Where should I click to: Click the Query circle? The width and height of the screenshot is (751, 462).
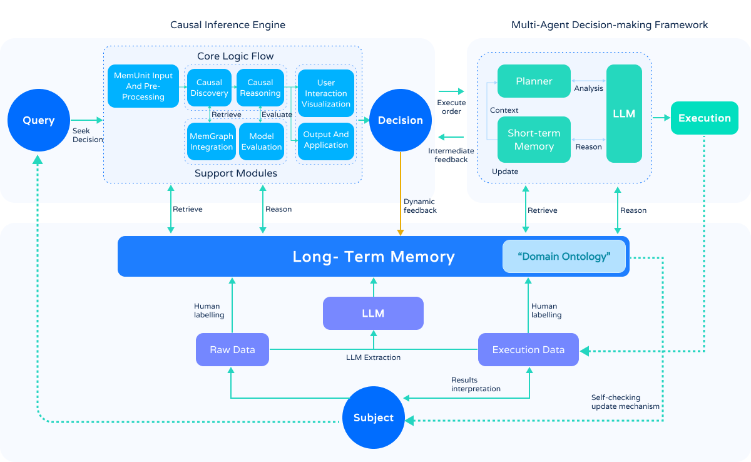pos(39,120)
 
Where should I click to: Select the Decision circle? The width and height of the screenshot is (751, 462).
pos(400,120)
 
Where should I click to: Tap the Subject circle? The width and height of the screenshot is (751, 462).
pos(374,418)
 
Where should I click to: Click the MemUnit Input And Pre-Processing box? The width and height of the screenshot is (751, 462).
pos(143,86)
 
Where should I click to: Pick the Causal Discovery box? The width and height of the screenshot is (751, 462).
pos(209,88)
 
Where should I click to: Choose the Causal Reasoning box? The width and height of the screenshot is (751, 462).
pos(260,88)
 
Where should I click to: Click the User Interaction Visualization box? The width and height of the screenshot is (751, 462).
pos(326,93)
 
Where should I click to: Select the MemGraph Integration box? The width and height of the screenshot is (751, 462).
pos(212,141)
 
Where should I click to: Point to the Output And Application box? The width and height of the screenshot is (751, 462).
pos(326,140)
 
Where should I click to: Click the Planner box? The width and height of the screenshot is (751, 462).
pos(534,81)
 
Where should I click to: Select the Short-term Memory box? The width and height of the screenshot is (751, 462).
pos(534,140)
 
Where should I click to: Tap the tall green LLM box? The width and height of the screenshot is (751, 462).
pos(624,113)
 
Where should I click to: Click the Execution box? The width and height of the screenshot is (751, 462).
pos(705,118)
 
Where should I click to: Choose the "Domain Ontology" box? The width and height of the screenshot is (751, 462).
pos(564,257)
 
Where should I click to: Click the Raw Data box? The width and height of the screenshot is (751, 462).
pos(232,349)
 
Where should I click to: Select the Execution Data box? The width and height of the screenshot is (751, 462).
pos(528,349)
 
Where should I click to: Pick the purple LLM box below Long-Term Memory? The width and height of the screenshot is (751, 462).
pos(373,313)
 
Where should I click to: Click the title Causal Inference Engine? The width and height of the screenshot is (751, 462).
pos(228,25)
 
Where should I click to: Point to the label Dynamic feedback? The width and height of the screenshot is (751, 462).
pos(420,206)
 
